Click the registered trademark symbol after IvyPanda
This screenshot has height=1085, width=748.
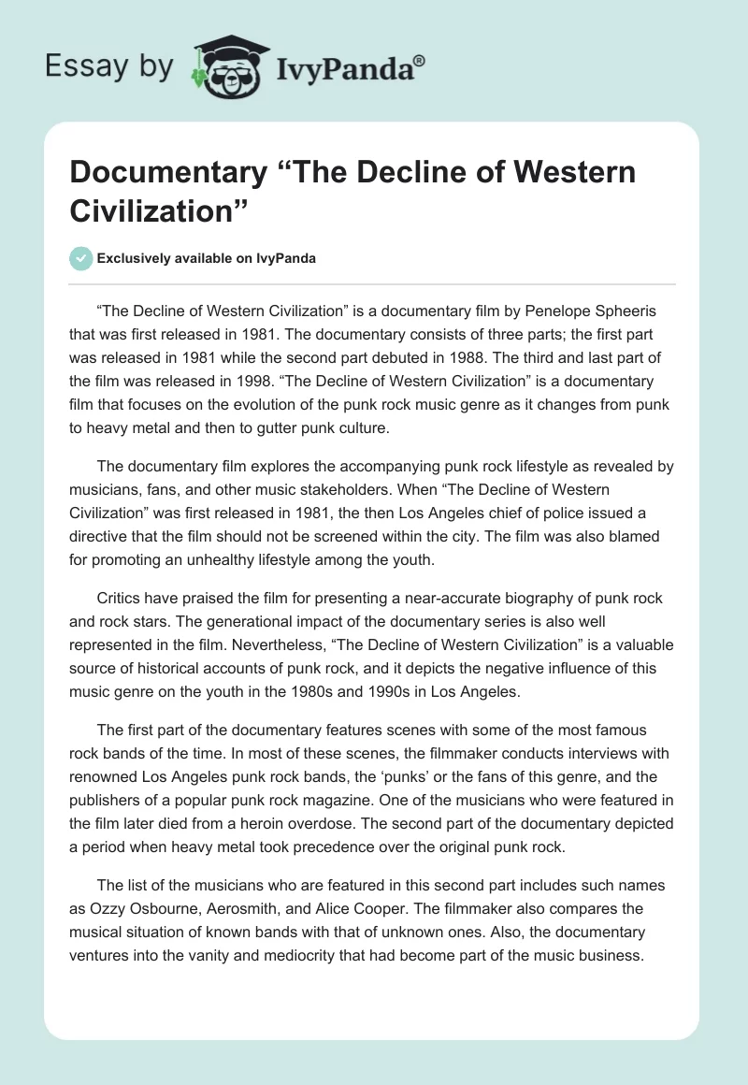click(x=419, y=62)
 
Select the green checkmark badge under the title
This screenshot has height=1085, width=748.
click(x=81, y=258)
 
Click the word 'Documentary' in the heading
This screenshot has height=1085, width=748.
click(x=165, y=172)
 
